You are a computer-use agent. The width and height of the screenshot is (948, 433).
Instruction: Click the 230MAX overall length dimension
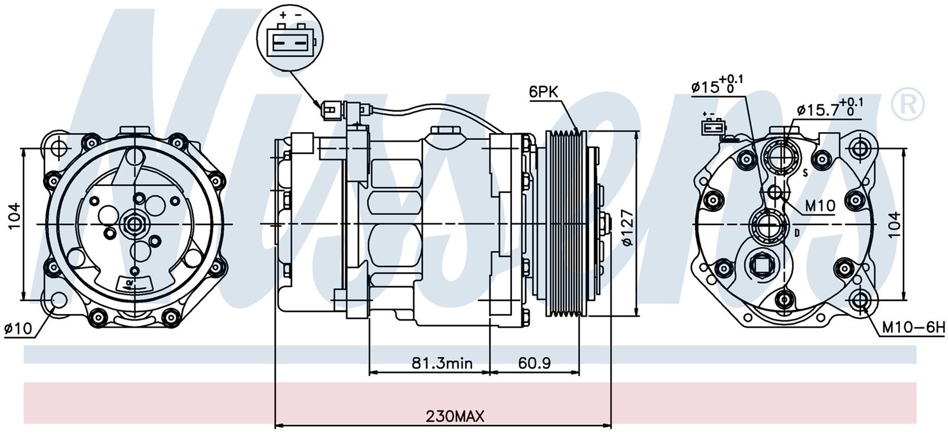tap(454, 416)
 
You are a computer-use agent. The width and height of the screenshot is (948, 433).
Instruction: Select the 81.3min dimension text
tap(443, 363)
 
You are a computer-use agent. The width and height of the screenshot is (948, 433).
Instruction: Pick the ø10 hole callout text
tap(17, 329)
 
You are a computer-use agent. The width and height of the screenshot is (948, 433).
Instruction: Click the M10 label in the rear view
tap(819, 206)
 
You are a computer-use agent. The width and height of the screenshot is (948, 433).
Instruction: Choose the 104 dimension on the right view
tap(894, 224)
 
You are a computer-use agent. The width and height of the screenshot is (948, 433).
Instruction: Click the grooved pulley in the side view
tap(565, 224)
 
